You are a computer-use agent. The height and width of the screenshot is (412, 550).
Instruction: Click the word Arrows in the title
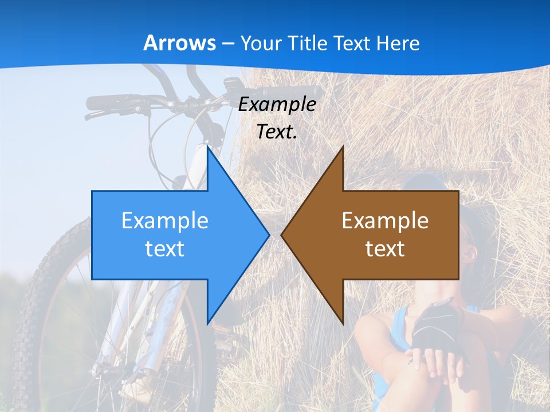click(x=180, y=43)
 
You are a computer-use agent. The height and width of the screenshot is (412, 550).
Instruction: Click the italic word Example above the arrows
click(x=277, y=104)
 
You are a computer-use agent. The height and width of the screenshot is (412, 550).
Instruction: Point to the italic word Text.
click(x=277, y=132)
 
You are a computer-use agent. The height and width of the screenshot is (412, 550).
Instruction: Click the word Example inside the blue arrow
click(x=165, y=220)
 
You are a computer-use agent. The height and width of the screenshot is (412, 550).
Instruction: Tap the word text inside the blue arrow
click(x=165, y=248)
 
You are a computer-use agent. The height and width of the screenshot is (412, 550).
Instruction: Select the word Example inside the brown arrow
click(x=385, y=220)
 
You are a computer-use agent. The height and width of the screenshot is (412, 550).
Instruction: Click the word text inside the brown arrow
click(x=385, y=248)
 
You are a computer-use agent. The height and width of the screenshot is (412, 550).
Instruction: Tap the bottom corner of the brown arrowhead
click(x=343, y=323)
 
